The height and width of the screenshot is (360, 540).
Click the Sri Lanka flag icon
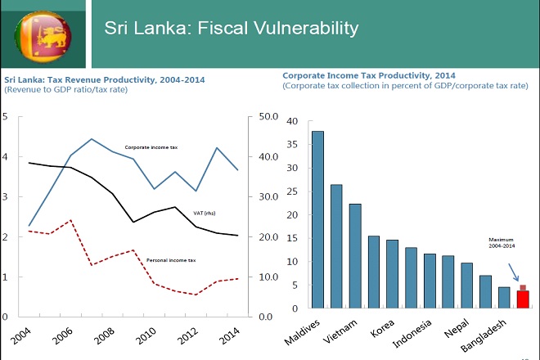coord(43,34)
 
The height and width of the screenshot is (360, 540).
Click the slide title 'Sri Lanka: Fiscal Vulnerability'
coord(232,29)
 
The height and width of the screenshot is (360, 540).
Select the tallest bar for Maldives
coord(317,219)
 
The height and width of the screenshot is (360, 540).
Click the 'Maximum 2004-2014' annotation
coord(498,245)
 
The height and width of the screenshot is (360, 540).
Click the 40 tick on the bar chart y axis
coord(292,121)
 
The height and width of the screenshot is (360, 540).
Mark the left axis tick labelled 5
coord(6,117)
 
